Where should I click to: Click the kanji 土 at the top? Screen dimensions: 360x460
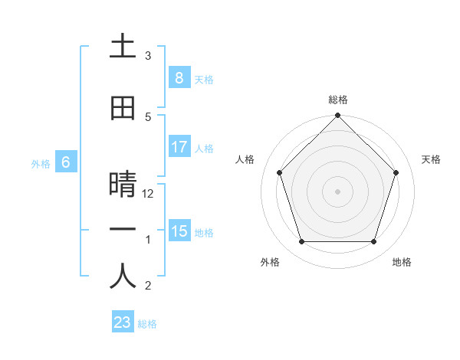pyautogui.click(x=123, y=47)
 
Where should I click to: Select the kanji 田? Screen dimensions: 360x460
pyautogui.click(x=123, y=109)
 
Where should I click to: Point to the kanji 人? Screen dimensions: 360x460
pyautogui.click(x=123, y=277)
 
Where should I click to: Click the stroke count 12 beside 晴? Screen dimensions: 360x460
pyautogui.click(x=149, y=194)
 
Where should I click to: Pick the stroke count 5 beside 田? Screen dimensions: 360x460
pyautogui.click(x=148, y=117)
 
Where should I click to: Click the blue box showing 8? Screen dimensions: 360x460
pyautogui.click(x=179, y=78)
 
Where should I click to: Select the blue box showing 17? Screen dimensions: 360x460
pyautogui.click(x=179, y=147)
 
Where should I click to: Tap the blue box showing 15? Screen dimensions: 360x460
pyautogui.click(x=179, y=231)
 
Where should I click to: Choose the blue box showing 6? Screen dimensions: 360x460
pyautogui.click(x=66, y=162)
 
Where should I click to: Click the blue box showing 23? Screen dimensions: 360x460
pyautogui.click(x=123, y=322)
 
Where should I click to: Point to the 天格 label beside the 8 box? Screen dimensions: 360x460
pyautogui.click(x=204, y=79)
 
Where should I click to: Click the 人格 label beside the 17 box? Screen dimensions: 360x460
pyautogui.click(x=204, y=148)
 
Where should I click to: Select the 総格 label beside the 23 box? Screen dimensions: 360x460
pyautogui.click(x=147, y=323)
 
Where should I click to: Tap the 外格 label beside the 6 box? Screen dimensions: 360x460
pyautogui.click(x=41, y=163)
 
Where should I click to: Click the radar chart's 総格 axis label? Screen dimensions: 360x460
pyautogui.click(x=337, y=100)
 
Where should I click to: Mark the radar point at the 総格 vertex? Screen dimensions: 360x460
pyautogui.click(x=337, y=116)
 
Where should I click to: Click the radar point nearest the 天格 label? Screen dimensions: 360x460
pyautogui.click(x=396, y=172)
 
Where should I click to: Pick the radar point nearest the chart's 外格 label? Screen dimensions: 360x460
pyautogui.click(x=301, y=242)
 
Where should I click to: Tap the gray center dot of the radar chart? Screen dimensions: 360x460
pyautogui.click(x=337, y=191)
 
